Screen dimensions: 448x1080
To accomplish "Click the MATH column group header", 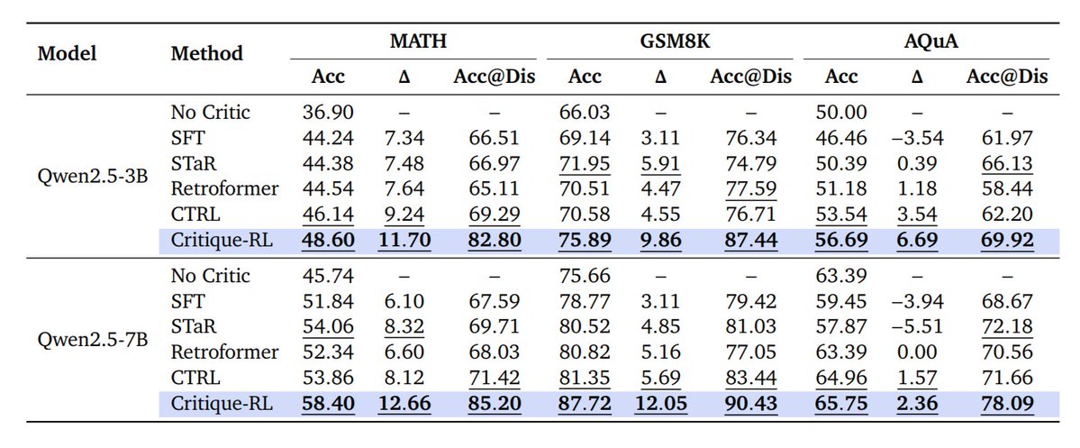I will coord(419,41).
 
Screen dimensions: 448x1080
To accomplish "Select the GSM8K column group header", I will coord(673,41).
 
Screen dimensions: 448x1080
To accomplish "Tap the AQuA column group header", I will coord(928,41).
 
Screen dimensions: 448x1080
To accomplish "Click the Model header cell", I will coord(67,53).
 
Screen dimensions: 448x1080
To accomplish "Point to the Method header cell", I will coord(206,53).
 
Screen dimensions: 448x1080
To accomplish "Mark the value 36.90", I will coord(328,113).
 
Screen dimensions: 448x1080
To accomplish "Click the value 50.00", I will coord(841,113).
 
